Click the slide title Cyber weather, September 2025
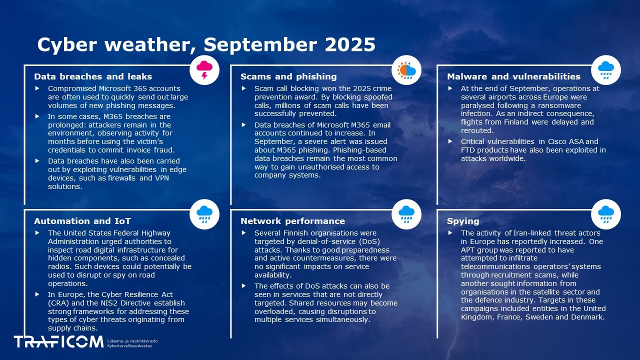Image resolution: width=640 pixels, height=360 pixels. point(206,44)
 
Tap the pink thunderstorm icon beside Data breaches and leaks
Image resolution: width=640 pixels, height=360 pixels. point(204,70)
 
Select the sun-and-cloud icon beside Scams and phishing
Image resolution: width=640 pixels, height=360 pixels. point(406,70)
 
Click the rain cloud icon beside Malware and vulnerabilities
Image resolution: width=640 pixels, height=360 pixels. point(605,70)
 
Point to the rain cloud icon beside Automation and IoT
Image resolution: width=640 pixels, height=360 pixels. point(204,214)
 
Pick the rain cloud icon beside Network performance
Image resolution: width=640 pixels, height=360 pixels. point(406,214)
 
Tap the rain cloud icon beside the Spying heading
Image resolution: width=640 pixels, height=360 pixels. point(605,214)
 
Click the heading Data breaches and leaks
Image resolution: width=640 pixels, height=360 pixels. point(93,76)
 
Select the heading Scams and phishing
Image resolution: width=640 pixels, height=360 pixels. point(288,76)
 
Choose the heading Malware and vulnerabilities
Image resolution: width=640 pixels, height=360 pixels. point(513,76)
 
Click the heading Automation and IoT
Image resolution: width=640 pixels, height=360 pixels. point(82,221)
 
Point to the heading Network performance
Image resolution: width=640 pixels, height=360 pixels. point(292,221)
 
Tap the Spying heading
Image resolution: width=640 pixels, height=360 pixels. point(463,221)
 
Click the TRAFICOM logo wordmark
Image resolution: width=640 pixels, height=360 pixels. point(58,342)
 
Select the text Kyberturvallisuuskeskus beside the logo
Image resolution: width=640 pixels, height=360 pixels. point(129,346)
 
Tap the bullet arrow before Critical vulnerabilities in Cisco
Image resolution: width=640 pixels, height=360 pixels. point(450,141)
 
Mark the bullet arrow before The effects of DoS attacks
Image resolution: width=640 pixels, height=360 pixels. point(243,285)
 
